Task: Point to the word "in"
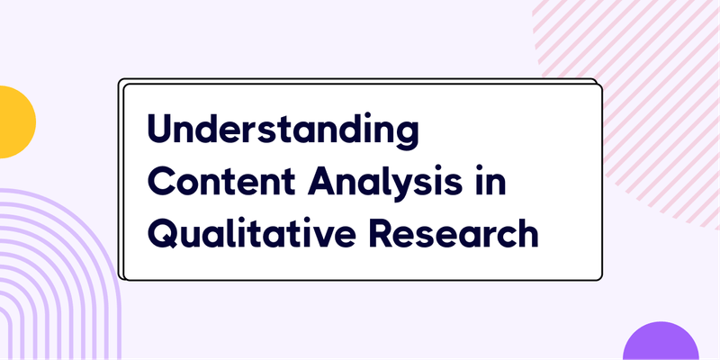point(491,183)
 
